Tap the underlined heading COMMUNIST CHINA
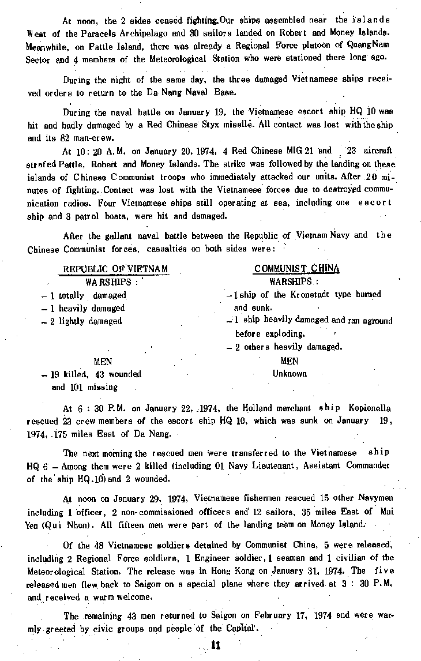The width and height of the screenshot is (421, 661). click(296, 269)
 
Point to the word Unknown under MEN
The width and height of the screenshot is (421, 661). click(290, 374)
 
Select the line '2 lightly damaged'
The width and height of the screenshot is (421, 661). click(85, 321)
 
